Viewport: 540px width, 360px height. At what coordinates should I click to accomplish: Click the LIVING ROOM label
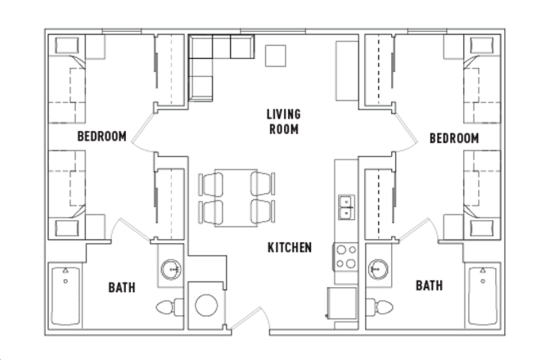(x=282, y=121)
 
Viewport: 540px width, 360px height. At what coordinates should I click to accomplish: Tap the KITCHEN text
(x=289, y=247)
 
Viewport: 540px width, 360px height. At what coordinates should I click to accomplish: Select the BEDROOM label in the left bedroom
(x=101, y=137)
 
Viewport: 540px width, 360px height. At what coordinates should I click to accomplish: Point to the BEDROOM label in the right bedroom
(x=453, y=138)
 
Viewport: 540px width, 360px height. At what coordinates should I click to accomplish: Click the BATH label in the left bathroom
(x=122, y=287)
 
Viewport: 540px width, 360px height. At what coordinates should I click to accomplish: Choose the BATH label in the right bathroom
(x=429, y=286)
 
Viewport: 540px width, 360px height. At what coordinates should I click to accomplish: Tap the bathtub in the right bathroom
(x=483, y=295)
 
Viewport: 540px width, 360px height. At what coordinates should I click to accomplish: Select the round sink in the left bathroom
(x=172, y=268)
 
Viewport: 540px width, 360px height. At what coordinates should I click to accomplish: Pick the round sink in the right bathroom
(x=378, y=268)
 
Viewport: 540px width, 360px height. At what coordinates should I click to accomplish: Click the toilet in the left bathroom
(x=169, y=308)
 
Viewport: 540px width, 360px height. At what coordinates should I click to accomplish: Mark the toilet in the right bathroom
(x=380, y=308)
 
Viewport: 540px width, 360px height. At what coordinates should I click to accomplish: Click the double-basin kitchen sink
(x=345, y=207)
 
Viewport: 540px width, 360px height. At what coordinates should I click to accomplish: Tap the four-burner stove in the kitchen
(x=345, y=258)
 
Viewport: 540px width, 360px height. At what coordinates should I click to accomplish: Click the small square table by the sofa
(x=277, y=55)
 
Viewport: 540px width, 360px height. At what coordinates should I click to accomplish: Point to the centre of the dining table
(x=237, y=199)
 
